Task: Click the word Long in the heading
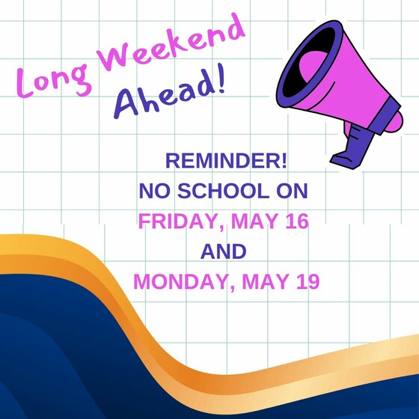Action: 53,80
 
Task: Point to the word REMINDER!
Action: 226,161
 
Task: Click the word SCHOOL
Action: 224,191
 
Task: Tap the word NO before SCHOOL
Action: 154,191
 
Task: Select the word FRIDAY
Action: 181,221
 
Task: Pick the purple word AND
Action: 224,251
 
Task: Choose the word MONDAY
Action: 184,282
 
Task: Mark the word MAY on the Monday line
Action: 266,281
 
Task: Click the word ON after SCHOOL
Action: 292,191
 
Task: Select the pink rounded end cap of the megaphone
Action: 395,121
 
